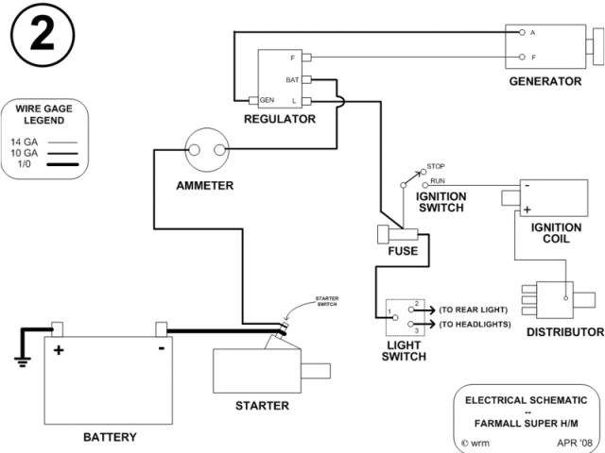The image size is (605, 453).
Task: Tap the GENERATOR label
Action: point(545,82)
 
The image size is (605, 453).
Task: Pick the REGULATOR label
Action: point(280,120)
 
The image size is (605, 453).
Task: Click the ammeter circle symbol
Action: point(205,149)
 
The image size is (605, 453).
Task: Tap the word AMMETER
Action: point(205,186)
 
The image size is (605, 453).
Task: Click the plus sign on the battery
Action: point(59,349)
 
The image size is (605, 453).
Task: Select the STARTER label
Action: point(262,407)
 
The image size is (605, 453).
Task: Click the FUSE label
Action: point(403,252)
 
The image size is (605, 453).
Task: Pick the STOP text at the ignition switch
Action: point(436,166)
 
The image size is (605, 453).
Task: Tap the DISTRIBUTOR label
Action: point(565,332)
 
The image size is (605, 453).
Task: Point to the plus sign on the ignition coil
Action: point(527,210)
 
